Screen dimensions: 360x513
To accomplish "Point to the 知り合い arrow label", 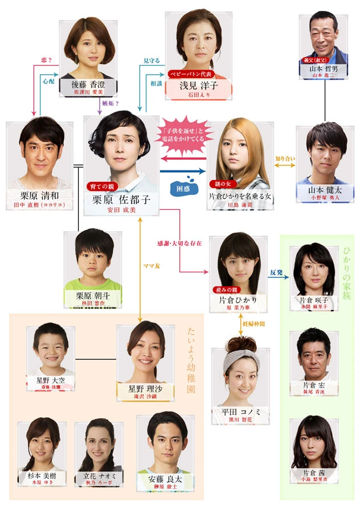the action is (x=285, y=158).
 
